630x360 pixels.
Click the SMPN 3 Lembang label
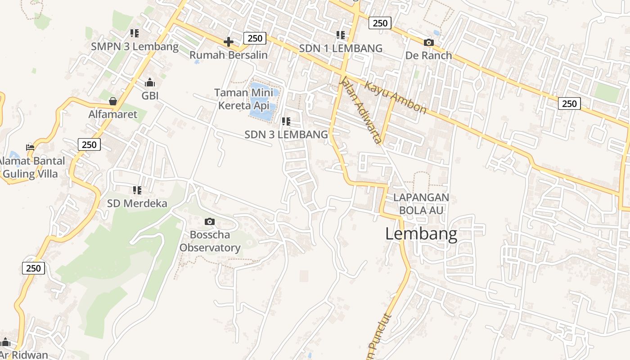(135, 46)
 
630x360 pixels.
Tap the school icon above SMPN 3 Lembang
(134, 33)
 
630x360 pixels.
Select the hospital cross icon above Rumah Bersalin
(228, 42)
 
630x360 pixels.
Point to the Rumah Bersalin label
(228, 55)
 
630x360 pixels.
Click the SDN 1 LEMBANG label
(341, 48)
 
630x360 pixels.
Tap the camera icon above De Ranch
(428, 42)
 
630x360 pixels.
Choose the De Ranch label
(428, 55)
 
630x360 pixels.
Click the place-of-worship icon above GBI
(150, 82)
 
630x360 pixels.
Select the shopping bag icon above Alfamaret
(112, 101)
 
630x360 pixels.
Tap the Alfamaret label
(112, 114)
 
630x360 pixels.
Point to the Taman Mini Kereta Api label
(243, 99)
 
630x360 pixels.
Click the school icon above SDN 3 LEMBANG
(286, 121)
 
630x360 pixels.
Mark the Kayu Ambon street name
(395, 97)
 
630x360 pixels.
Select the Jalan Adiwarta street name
(361, 110)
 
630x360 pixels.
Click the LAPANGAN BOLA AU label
(421, 203)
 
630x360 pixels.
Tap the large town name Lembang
(421, 234)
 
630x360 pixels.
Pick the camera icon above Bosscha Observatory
(209, 221)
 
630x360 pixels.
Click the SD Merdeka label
(137, 203)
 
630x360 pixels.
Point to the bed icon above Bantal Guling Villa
(30, 147)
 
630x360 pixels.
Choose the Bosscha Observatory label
(210, 241)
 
